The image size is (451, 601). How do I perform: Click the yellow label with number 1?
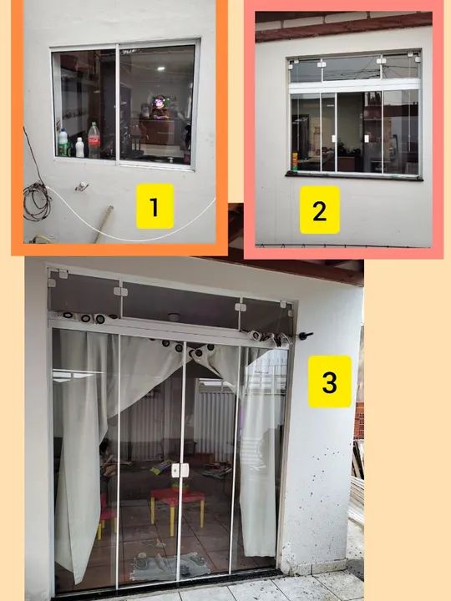pyautogui.click(x=155, y=206)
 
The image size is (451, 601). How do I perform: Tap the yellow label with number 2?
pyautogui.click(x=319, y=210)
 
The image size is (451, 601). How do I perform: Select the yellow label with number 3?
pyautogui.click(x=330, y=381)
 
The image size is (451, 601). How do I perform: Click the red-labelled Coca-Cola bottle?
pyautogui.click(x=94, y=140)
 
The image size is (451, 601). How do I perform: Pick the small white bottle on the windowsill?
pyautogui.click(x=79, y=148)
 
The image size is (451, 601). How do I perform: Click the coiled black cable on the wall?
pyautogui.click(x=37, y=201)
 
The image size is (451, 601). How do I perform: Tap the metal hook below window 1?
pyautogui.click(x=82, y=187)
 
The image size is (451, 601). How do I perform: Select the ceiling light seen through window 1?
pyautogui.click(x=160, y=68)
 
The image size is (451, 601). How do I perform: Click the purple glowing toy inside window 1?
pyautogui.click(x=160, y=104)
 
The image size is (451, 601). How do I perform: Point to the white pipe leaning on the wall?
pyautogui.click(x=104, y=224)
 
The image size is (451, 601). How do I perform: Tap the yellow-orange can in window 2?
pyautogui.click(x=295, y=161)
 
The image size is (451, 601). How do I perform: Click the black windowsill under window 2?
pyautogui.click(x=354, y=176)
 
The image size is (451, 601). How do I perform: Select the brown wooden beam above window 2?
pyautogui.click(x=344, y=27)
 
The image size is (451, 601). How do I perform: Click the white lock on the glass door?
pyautogui.click(x=180, y=470)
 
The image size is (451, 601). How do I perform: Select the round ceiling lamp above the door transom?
pyautogui.click(x=174, y=317)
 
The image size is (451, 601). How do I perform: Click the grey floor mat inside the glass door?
pyautogui.click(x=169, y=565)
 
